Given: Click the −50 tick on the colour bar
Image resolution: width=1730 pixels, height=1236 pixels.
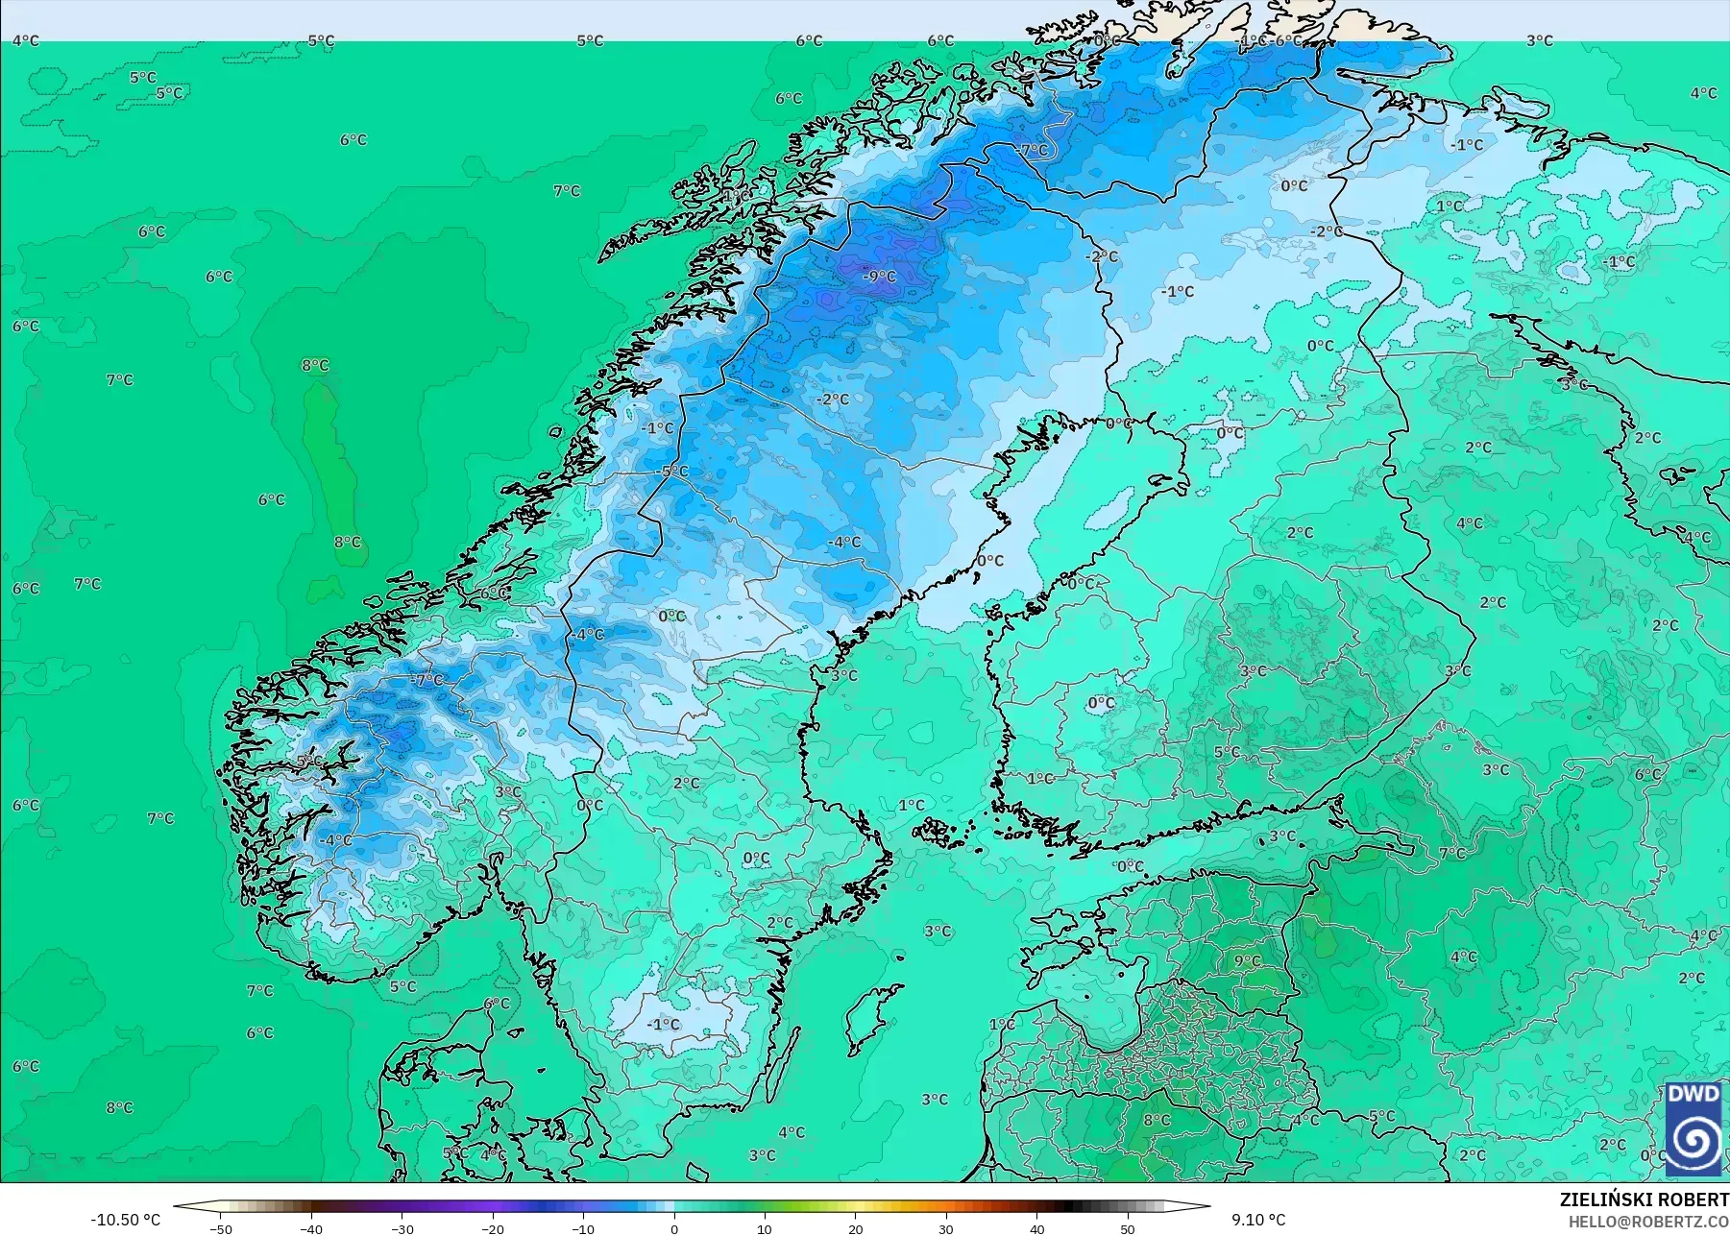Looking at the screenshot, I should (220, 1228).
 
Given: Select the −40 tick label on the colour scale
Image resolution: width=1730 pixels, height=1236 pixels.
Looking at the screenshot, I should (310, 1228).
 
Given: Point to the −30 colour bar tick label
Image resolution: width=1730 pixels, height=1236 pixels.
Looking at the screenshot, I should (402, 1228).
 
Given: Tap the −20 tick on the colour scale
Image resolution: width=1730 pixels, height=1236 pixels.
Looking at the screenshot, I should (492, 1228).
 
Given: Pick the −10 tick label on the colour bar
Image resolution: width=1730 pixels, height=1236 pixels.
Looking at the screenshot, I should (583, 1228).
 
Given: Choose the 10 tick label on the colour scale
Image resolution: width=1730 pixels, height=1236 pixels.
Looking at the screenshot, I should (765, 1228).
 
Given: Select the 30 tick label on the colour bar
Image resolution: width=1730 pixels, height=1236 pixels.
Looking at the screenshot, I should (946, 1228).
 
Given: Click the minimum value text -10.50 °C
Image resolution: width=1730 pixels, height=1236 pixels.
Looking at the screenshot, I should (126, 1220).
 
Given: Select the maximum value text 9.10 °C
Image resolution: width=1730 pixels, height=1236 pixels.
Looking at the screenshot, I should (1258, 1220).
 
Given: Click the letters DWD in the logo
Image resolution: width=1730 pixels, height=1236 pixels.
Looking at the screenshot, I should (1693, 1094).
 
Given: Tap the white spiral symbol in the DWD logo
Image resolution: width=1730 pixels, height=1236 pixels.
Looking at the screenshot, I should (1693, 1142).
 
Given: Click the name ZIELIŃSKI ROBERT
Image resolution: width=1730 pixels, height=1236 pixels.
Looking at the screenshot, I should (1644, 1200).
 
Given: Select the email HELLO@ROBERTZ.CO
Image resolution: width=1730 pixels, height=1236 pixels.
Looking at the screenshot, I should (1648, 1222).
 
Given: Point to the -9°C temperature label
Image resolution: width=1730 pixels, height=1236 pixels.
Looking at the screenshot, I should (879, 277).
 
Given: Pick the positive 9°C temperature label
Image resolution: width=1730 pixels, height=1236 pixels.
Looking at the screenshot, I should (1248, 961).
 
